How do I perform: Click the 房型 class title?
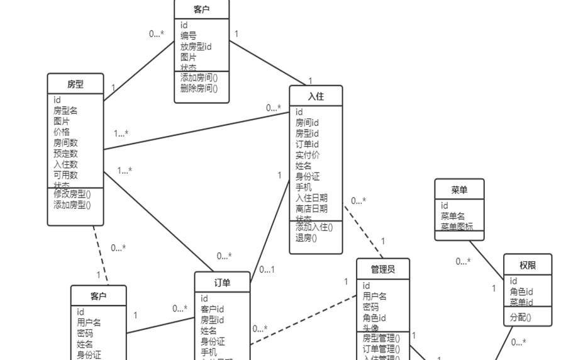[x=75, y=84]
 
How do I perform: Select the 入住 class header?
[x=316, y=96]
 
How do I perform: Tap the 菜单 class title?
[x=459, y=189]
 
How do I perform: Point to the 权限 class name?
[x=527, y=265]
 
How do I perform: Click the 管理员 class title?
[x=382, y=269]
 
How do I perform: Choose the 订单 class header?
[x=222, y=283]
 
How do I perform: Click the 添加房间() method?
[x=199, y=77]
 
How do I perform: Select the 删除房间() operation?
[x=199, y=88]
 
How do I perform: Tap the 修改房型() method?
[x=72, y=194]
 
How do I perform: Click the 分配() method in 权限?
[x=520, y=317]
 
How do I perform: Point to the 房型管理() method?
[x=381, y=338]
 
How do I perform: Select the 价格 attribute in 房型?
[x=62, y=132]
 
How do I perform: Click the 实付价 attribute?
[x=308, y=155]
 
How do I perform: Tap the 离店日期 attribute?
[x=311, y=208]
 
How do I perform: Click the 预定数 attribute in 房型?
[x=65, y=154]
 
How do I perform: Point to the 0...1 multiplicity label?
[x=267, y=269]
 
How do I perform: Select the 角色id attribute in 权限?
[x=521, y=292]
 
